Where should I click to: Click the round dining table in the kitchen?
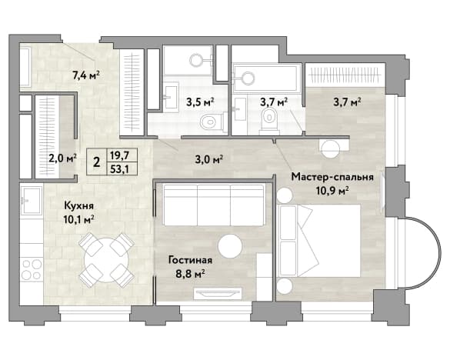[106, 260]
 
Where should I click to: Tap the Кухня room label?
[78, 206]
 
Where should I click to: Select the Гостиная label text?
[190, 260]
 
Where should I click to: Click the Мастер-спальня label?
[332, 178]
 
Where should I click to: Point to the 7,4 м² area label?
[86, 75]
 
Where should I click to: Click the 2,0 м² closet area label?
[62, 158]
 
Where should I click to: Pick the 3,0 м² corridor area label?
[209, 159]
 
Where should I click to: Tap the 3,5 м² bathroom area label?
[200, 102]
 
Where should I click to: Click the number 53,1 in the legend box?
[119, 169]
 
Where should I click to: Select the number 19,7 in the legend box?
[119, 155]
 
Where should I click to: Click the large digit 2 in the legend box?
[97, 162]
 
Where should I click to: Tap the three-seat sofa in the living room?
[214, 205]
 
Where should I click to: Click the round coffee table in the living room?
[230, 246]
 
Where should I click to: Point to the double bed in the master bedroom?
[320, 241]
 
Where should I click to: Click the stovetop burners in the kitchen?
[32, 269]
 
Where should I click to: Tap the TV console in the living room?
[218, 294]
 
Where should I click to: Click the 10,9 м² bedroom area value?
[332, 190]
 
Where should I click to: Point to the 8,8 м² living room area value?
[190, 273]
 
